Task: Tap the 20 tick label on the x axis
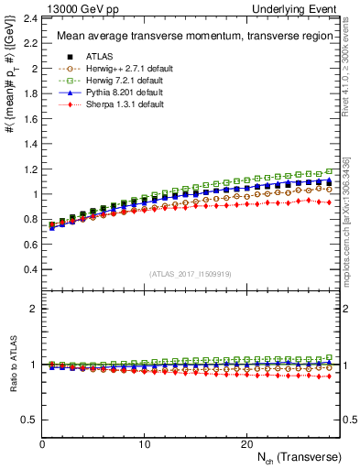(x=245, y=444)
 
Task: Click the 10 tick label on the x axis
(x=144, y=444)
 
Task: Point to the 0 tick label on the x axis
(x=43, y=444)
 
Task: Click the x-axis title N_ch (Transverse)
(x=300, y=457)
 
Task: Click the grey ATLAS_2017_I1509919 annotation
(x=183, y=274)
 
